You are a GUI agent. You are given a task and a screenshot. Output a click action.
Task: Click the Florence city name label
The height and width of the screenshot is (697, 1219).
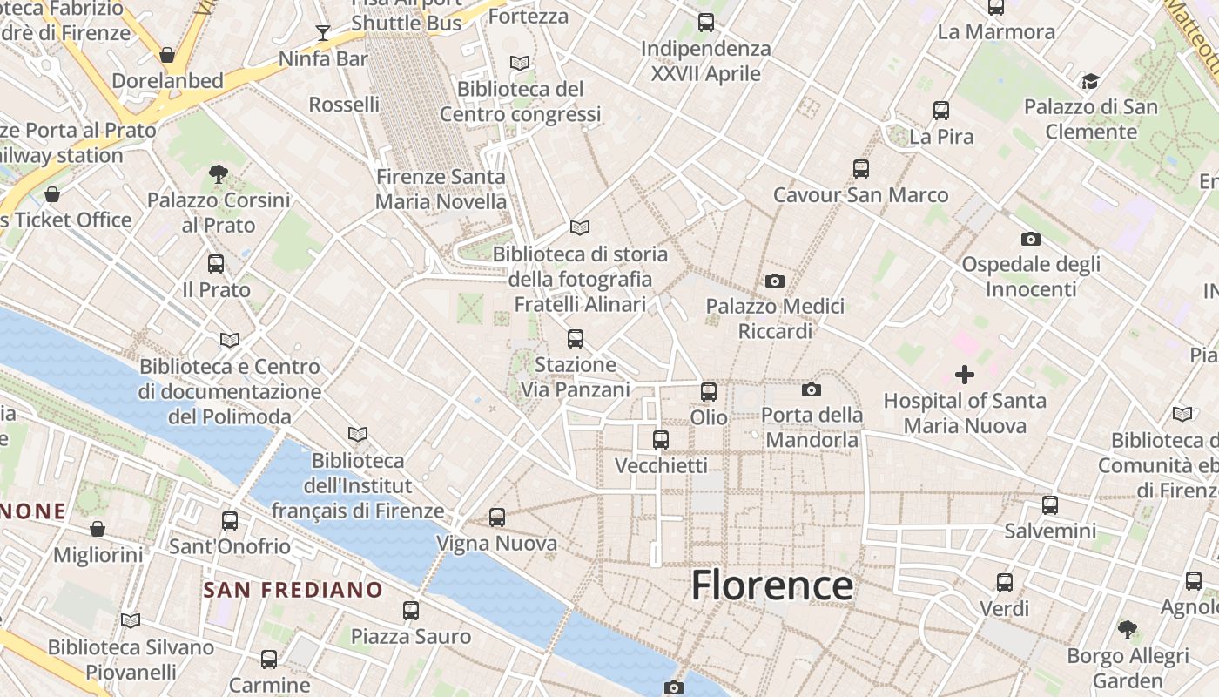[771, 585]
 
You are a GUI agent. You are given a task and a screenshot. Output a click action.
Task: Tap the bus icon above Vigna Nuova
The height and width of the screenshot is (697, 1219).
[497, 518]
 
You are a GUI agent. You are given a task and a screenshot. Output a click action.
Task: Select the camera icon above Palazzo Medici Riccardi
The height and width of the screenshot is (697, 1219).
[775, 281]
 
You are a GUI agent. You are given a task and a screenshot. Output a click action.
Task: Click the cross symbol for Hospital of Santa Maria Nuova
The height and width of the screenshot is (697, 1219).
[965, 375]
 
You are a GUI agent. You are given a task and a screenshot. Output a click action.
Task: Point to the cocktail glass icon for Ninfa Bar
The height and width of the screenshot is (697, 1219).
[323, 33]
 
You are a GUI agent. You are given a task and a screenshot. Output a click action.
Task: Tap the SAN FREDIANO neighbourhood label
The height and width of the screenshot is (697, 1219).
[293, 590]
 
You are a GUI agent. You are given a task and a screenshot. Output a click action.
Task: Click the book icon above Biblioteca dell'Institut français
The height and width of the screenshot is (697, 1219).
[358, 434]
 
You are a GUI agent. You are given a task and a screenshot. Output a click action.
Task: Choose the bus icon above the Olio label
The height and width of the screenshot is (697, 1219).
[709, 392]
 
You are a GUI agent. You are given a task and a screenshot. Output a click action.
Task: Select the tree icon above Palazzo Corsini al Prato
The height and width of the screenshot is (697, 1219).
[219, 174]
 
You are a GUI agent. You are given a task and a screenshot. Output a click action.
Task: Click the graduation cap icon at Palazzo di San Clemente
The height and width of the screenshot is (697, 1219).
[1090, 82]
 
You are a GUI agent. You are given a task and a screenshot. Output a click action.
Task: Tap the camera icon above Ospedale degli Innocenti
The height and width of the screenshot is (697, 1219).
[1031, 239]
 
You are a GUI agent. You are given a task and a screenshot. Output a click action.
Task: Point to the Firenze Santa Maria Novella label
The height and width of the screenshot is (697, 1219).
[441, 189]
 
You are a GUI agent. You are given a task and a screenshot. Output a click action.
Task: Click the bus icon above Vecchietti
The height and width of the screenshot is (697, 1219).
[661, 440]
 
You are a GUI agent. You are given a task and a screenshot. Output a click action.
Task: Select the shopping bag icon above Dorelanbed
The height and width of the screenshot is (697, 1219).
[167, 55]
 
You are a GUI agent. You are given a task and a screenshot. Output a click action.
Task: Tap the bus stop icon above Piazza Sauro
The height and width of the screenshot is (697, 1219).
[411, 611]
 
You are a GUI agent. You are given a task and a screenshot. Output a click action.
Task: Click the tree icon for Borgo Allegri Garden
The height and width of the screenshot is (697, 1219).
[1128, 629]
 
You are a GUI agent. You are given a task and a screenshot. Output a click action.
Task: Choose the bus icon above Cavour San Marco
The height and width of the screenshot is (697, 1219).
[861, 169]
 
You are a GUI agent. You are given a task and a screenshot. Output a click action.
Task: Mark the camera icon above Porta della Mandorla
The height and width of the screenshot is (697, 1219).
[812, 389]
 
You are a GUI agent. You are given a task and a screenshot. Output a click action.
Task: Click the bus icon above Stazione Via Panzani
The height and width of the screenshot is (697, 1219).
[575, 339]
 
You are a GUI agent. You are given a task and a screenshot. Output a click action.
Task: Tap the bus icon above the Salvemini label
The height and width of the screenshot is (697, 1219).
[1050, 504]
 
